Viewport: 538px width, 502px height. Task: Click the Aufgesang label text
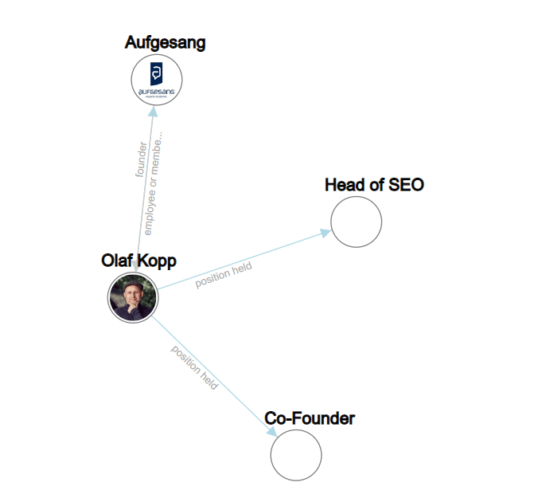tap(165, 43)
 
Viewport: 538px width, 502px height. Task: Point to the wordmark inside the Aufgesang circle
tap(157, 92)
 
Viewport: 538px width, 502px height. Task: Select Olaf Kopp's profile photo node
tap(134, 298)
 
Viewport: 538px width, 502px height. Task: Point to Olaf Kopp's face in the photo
tap(134, 296)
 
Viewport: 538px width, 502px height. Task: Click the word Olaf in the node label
tap(117, 261)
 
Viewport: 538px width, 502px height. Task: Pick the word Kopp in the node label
tap(156, 261)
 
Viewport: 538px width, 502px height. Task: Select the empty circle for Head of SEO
tap(356, 222)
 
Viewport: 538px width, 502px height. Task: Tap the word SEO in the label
tap(406, 186)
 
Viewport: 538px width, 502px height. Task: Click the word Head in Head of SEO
tap(345, 186)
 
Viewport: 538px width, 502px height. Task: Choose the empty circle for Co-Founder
tap(296, 455)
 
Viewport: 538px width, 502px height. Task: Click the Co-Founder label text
tap(310, 418)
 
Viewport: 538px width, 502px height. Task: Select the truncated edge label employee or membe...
tap(155, 181)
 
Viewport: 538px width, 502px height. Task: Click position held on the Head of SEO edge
tap(224, 275)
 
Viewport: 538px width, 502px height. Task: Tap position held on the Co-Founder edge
tap(195, 367)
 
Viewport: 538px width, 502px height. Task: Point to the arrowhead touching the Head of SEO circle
tap(326, 232)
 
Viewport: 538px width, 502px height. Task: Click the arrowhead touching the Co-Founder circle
tap(272, 431)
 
